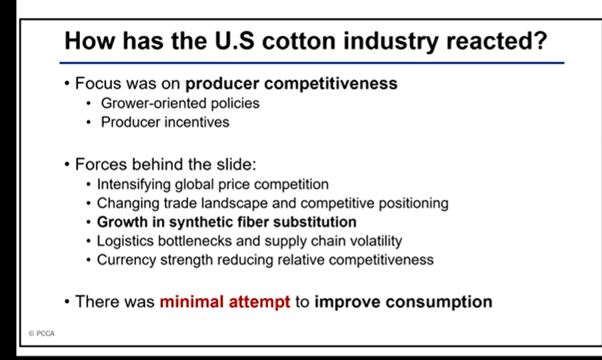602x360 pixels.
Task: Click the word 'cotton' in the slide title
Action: click(299, 41)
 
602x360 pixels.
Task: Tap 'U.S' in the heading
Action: click(234, 41)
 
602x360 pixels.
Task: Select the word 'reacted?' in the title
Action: click(497, 41)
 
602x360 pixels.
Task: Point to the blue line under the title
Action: click(312, 63)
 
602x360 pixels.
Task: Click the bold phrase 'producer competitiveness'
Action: click(291, 83)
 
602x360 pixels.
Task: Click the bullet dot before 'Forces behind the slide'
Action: click(67, 164)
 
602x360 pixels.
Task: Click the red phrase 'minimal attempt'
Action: click(225, 302)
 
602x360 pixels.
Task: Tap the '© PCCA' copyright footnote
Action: click(42, 333)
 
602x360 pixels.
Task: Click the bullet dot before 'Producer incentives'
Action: click(89, 123)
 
